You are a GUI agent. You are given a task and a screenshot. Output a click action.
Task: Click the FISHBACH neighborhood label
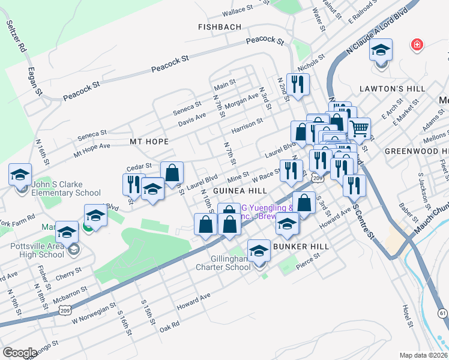click(x=220, y=27)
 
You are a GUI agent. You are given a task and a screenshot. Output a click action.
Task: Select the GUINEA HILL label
click(x=240, y=190)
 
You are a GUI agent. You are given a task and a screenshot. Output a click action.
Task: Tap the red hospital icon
click(x=416, y=44)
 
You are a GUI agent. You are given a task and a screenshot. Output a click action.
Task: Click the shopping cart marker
click(x=359, y=128)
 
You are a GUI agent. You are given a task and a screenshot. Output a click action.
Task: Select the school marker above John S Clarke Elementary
click(x=20, y=175)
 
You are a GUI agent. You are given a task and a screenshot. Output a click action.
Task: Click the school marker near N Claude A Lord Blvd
click(x=381, y=50)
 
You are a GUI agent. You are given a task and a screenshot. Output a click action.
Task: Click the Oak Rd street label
click(x=170, y=325)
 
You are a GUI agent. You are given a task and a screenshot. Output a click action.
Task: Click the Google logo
click(x=20, y=352)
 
